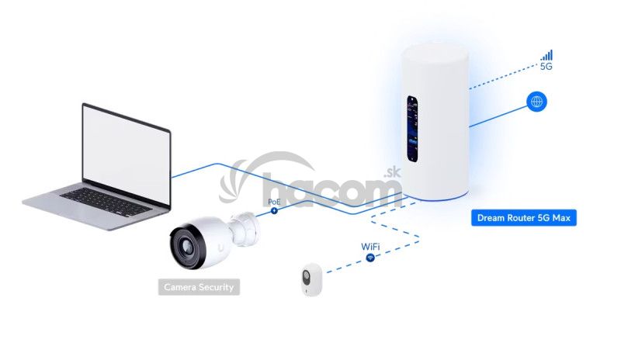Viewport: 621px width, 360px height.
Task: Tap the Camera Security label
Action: pyautogui.click(x=198, y=287)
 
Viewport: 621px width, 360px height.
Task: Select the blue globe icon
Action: pyautogui.click(x=536, y=101)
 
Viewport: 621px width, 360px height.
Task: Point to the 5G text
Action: pyautogui.click(x=546, y=67)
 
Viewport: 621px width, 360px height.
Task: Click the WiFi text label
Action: pyautogui.click(x=371, y=246)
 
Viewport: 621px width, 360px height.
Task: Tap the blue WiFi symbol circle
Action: pyautogui.click(x=371, y=257)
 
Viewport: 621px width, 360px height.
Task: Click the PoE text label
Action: pyautogui.click(x=274, y=201)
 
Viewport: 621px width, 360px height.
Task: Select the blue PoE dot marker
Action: pyautogui.click(x=274, y=210)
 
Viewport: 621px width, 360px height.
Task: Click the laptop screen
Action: pyautogui.click(x=127, y=147)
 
